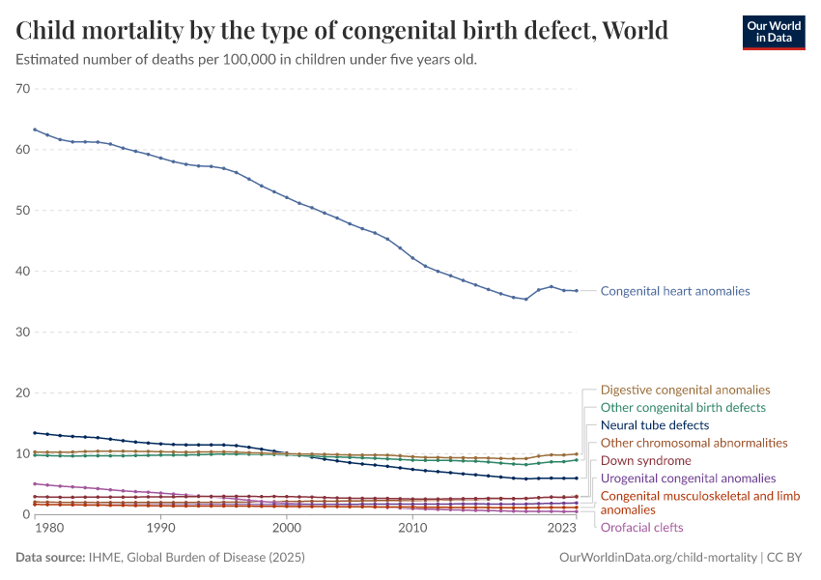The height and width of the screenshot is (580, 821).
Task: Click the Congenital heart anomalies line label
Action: click(x=674, y=291)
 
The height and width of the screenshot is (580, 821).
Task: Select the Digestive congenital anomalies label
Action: click(x=685, y=391)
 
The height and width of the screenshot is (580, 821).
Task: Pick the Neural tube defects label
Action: click(x=655, y=425)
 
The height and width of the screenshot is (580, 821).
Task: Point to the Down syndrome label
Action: click(x=645, y=460)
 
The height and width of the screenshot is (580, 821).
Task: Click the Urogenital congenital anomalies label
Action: click(x=688, y=478)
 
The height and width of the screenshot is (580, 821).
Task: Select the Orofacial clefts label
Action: click(x=641, y=528)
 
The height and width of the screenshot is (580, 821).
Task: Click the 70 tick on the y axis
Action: click(x=23, y=89)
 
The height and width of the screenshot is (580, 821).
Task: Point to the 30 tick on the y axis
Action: click(x=23, y=332)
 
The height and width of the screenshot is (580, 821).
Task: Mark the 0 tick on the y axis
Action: click(x=27, y=514)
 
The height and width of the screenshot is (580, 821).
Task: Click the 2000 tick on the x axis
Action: click(x=287, y=528)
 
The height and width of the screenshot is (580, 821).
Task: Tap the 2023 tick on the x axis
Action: click(x=562, y=528)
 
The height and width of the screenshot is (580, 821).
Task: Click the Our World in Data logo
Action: click(x=773, y=32)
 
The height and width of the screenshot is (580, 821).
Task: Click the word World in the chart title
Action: click(x=633, y=31)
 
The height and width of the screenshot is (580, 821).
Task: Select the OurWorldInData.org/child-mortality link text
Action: click(x=658, y=558)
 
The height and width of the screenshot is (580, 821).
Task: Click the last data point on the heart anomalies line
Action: click(x=576, y=291)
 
